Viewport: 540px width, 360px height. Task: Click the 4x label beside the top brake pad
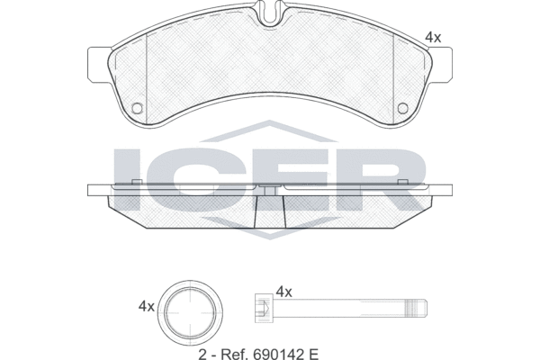pyautogui.click(x=433, y=37)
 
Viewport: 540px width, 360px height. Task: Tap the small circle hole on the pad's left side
pyautogui.click(x=138, y=109)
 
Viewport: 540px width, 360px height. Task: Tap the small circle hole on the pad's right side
pyautogui.click(x=402, y=109)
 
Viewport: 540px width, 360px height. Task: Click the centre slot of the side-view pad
pyautogui.click(x=270, y=211)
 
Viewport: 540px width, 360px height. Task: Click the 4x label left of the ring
pyautogui.click(x=146, y=306)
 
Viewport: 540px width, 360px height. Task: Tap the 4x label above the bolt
pyautogui.click(x=284, y=292)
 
